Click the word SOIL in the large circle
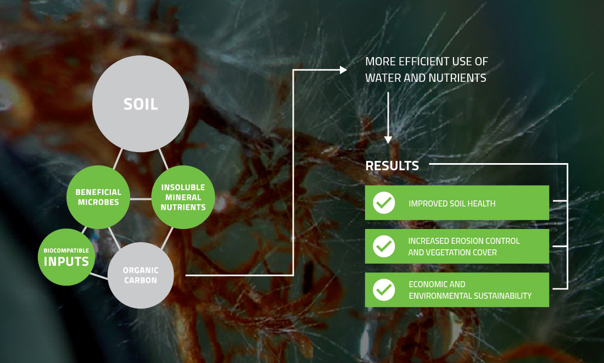point(141,104)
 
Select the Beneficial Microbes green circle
point(98,197)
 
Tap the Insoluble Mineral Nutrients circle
point(183,197)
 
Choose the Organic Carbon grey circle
point(141,275)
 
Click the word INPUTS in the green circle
point(66,261)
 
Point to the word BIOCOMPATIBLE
point(66,250)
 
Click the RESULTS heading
point(392,166)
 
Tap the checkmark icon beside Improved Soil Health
point(384,203)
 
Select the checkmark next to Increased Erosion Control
point(384,246)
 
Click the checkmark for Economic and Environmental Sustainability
point(384,290)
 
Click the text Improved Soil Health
point(452,203)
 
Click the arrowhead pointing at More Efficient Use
point(343,70)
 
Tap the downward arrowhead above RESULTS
point(388,140)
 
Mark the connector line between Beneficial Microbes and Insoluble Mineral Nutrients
point(141,199)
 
